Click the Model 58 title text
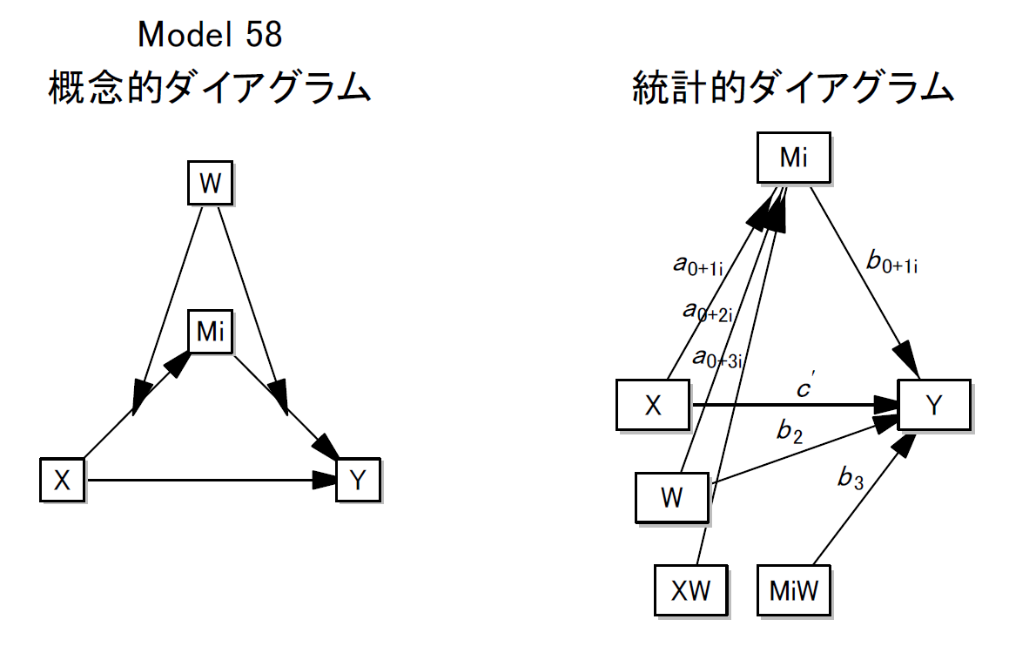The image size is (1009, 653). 210,35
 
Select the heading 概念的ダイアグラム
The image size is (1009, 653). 209,88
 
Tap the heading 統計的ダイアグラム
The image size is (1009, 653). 793,88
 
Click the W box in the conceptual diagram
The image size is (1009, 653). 211,185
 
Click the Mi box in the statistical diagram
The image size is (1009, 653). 793,158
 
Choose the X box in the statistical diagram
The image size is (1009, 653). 653,405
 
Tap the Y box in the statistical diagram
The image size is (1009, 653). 933,405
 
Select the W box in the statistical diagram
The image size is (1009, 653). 671,498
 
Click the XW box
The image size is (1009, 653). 690,590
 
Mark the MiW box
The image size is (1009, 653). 793,590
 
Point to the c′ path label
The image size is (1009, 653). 805,389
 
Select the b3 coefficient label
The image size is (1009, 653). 850,476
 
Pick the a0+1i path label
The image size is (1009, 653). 697,264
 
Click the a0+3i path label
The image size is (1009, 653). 716,356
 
